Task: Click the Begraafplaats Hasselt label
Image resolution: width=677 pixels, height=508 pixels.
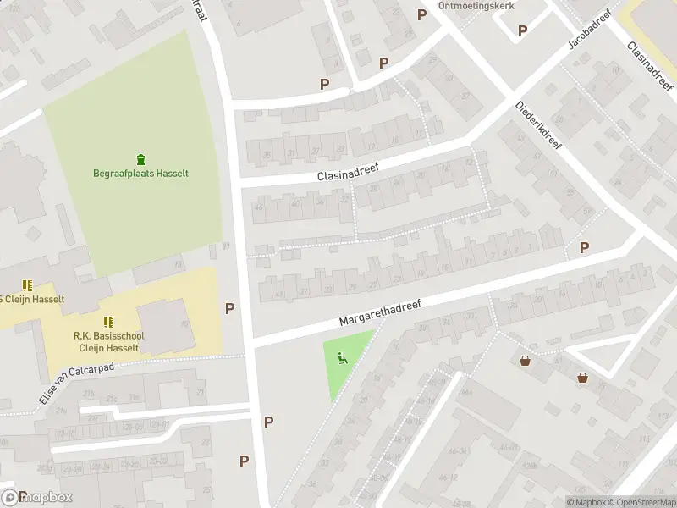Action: coord(140,174)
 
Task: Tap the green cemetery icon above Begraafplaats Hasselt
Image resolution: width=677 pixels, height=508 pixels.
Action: coord(140,158)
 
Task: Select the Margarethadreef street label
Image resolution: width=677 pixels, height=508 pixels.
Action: coord(380,311)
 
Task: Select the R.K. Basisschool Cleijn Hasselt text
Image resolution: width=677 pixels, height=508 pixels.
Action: coord(108,341)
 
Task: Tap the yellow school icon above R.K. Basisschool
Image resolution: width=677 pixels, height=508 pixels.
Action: coord(108,322)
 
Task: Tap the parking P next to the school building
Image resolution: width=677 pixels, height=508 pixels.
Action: coord(229,309)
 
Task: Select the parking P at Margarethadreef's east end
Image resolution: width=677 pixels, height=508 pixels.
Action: coord(584,247)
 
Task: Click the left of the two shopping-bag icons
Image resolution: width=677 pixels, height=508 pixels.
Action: coord(526,361)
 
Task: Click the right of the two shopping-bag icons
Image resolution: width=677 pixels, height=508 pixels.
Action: coord(583,378)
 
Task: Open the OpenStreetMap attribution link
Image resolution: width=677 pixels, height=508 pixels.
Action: coord(640,502)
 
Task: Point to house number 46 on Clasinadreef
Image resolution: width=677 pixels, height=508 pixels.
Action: coord(259,207)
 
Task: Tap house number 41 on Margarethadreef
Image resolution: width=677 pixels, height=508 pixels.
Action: coord(278,294)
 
